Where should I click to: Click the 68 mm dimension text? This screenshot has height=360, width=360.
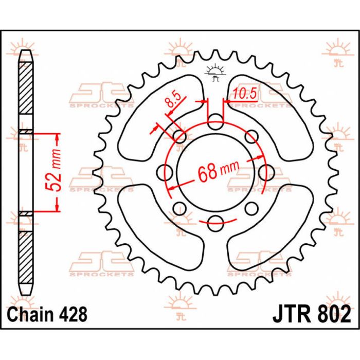coord(219,171)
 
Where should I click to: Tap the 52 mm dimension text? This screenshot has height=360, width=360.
coord(54,170)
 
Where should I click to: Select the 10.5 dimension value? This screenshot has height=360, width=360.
coord(244,94)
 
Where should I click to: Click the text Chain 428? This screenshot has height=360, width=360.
coord(47,314)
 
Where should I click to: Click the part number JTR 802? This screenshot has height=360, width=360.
coord(312,314)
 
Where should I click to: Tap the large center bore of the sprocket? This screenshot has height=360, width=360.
coord(216,173)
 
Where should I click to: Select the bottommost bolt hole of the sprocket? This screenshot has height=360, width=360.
coord(215,223)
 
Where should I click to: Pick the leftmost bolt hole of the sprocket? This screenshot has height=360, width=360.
coord(165,173)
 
